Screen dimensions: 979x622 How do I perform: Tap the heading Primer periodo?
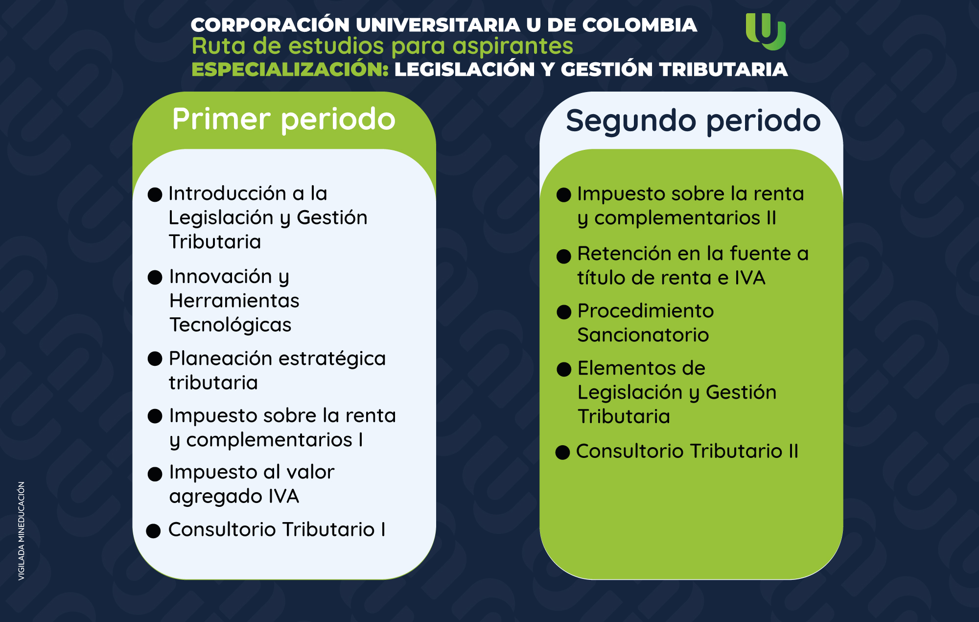[x=284, y=120]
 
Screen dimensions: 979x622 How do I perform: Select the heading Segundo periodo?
[x=693, y=121]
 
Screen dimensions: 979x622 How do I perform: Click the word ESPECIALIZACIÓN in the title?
[x=290, y=69]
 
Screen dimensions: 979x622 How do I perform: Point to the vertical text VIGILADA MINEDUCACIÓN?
[x=22, y=531]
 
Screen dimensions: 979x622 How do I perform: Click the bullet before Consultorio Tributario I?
[x=154, y=531]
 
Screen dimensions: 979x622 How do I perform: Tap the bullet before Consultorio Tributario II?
[x=563, y=452]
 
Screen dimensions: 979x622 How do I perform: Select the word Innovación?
[x=220, y=276]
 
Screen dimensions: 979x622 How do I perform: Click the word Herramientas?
[x=234, y=300]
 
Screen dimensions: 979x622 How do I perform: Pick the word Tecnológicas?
[x=230, y=325]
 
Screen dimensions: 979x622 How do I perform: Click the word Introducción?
[x=228, y=193]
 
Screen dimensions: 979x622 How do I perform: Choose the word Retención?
[x=631, y=254]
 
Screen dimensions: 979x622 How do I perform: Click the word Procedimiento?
[x=646, y=311]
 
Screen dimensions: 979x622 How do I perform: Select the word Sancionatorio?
[x=643, y=335]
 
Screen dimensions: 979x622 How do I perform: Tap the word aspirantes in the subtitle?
[x=513, y=47]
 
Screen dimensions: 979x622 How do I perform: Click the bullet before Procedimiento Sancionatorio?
[x=564, y=312]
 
